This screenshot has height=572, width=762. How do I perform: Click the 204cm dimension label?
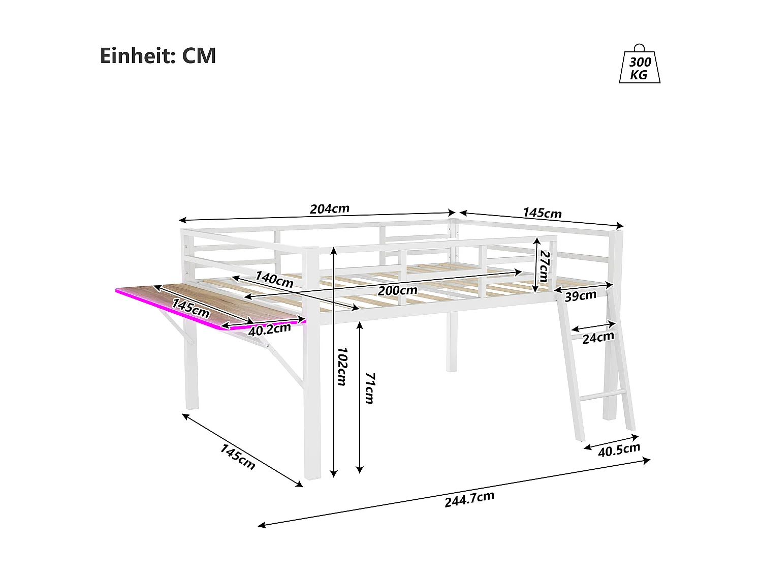click(x=330, y=208)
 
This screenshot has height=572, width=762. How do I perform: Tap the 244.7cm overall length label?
click(x=469, y=499)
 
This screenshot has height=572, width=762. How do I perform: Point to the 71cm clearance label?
click(x=369, y=388)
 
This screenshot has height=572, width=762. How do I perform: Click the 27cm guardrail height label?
click(x=544, y=266)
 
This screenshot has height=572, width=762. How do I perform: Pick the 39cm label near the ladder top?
click(x=581, y=295)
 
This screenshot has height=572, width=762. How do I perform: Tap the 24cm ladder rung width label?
click(x=598, y=337)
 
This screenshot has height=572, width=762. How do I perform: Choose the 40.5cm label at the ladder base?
click(x=619, y=449)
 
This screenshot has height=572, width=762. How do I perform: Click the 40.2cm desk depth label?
click(x=269, y=329)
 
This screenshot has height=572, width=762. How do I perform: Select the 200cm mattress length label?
click(x=397, y=290)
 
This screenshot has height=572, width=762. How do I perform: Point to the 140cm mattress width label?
click(x=274, y=279)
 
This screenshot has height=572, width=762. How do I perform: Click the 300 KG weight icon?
click(x=640, y=66)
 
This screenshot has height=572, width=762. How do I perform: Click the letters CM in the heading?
click(x=199, y=55)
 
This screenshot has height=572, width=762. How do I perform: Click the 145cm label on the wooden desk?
click(x=190, y=308)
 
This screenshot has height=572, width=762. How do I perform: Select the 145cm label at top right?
click(x=542, y=213)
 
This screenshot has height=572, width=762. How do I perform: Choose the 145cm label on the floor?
click(x=237, y=457)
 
